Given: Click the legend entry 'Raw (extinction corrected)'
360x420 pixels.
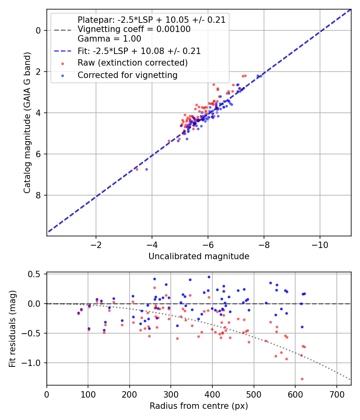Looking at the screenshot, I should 132,63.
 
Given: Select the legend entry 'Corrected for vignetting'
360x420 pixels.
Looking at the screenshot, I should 127,75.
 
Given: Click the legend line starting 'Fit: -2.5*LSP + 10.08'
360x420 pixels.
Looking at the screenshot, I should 139,51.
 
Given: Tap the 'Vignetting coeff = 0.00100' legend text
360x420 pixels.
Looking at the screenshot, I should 134,29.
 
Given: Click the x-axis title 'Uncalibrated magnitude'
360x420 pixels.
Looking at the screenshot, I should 199,256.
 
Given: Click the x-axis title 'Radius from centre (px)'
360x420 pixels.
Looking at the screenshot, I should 199,406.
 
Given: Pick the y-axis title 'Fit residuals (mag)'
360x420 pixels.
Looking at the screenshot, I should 13,329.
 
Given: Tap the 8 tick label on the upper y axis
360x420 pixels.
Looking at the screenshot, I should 38,195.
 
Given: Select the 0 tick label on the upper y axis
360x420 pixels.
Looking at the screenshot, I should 38,30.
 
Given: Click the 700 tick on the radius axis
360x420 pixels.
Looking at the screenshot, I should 336,394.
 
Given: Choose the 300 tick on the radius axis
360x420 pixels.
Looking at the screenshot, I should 171,394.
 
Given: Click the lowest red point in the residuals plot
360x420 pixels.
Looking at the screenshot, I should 302,379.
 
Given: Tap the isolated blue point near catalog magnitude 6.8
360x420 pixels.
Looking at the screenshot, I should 146,169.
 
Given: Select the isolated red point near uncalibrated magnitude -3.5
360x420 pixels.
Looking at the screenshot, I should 137,169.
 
